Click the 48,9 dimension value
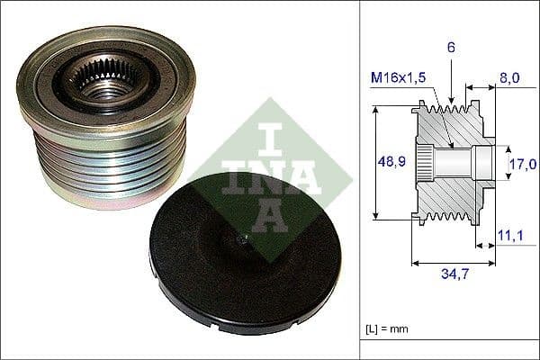[389, 162]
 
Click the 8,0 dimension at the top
[508, 78]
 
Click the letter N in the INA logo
[265, 177]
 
